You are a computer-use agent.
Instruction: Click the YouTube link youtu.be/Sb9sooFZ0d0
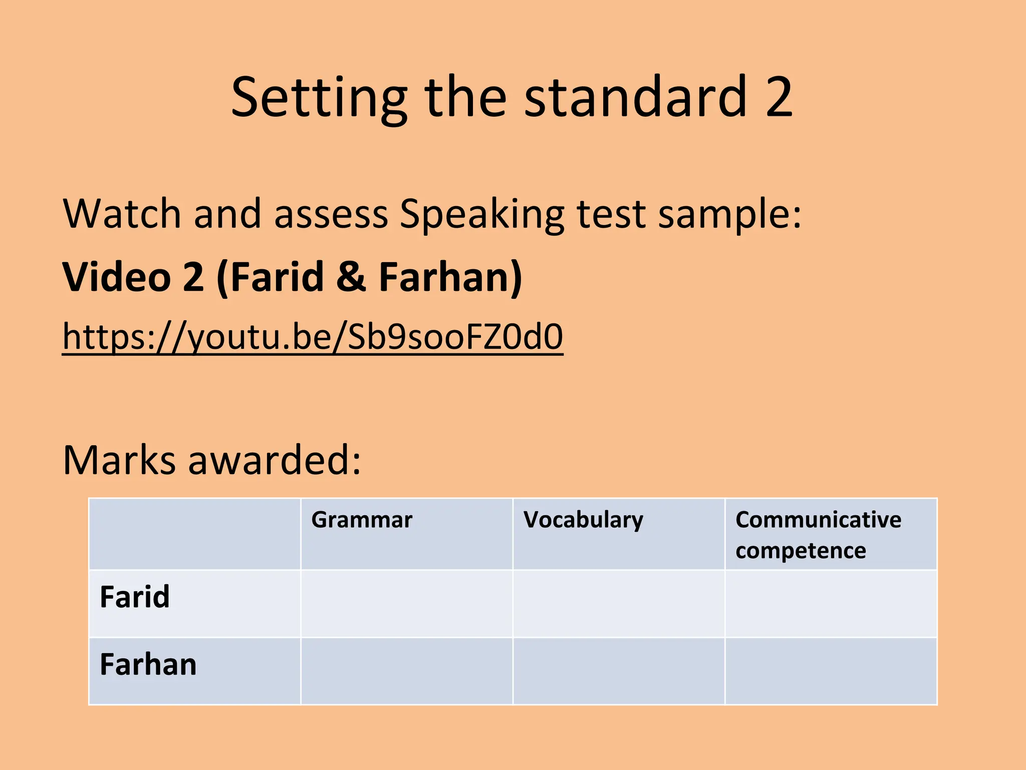point(313,337)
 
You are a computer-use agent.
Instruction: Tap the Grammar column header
point(362,520)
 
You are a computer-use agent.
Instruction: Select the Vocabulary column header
point(583,520)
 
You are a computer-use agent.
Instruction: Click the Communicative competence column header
point(818,534)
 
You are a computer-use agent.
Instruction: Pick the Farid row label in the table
point(135,597)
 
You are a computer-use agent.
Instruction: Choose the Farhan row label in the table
point(148,665)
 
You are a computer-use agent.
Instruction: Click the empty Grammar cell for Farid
point(406,603)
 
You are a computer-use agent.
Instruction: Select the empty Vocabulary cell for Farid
point(619,603)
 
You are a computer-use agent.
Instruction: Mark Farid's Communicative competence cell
point(831,603)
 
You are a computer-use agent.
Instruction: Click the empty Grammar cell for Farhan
point(406,671)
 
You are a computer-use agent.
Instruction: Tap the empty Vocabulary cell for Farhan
point(619,671)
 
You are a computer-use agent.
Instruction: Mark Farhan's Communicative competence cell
point(831,671)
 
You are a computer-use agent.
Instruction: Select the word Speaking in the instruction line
point(482,215)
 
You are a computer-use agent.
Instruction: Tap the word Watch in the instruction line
point(122,215)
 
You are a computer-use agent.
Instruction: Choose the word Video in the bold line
point(117,277)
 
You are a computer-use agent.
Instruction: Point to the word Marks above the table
point(119,460)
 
